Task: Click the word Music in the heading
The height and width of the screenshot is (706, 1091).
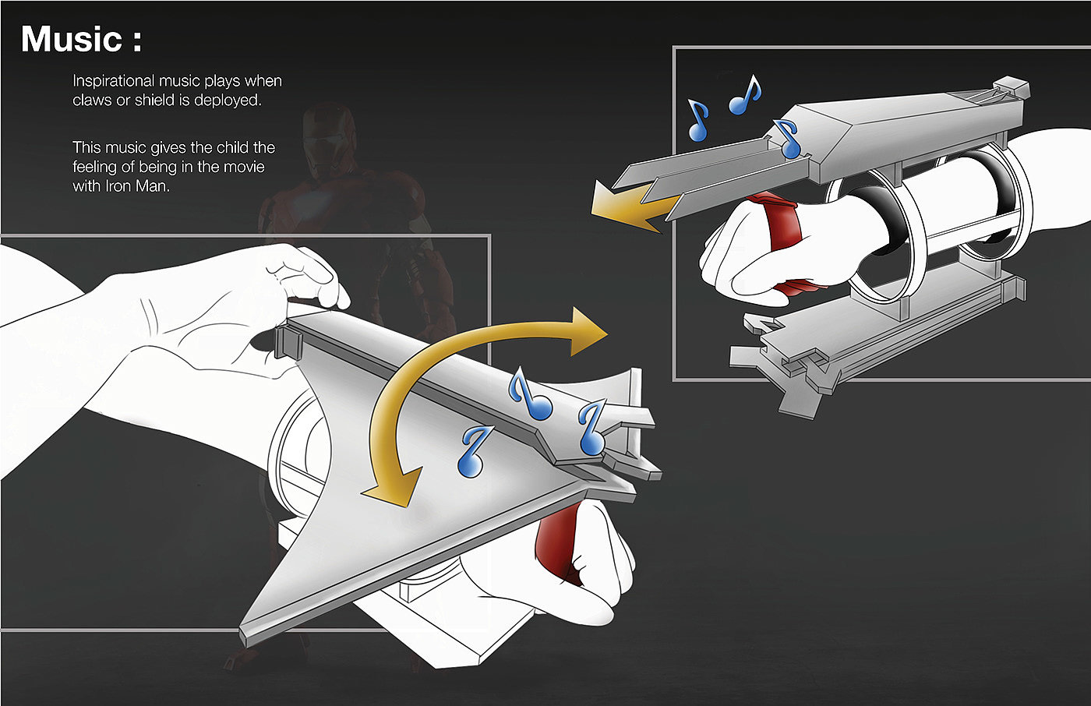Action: (x=71, y=40)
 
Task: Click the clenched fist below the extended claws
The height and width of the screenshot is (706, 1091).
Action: (x=740, y=253)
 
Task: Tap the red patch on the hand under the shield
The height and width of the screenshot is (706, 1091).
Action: (x=561, y=538)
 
